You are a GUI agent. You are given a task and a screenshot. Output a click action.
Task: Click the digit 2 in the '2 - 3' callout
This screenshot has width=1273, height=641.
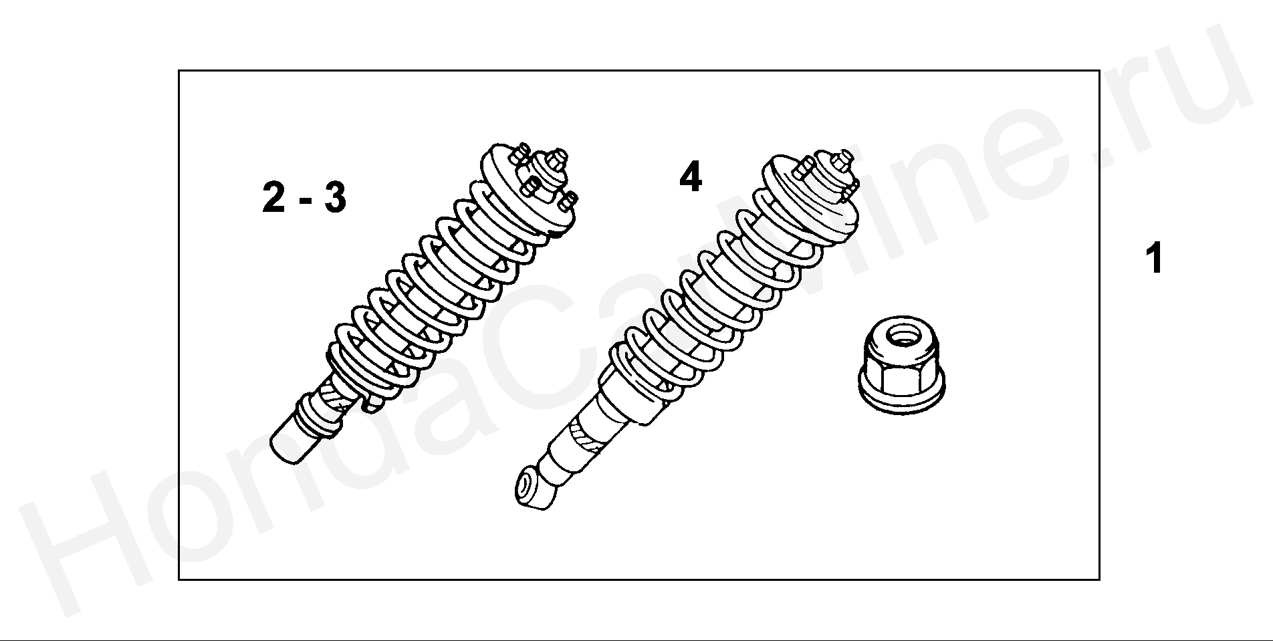pos(274,198)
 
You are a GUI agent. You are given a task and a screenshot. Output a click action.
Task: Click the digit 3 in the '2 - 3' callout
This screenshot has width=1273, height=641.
pos(334,198)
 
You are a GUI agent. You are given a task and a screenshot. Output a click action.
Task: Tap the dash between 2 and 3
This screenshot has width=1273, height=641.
pos(304,203)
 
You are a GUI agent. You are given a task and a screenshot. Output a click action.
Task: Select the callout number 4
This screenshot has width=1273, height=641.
pos(691,177)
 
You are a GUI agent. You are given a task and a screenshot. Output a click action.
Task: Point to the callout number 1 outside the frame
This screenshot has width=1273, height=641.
pos(1154,259)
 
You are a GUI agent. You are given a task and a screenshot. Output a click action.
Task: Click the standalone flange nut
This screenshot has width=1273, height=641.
pos(901,364)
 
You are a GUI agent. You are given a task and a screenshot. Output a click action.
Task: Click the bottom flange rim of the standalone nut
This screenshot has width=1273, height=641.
pos(901,401)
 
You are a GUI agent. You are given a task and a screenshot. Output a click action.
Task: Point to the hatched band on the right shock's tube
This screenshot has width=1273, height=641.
pos(585,434)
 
